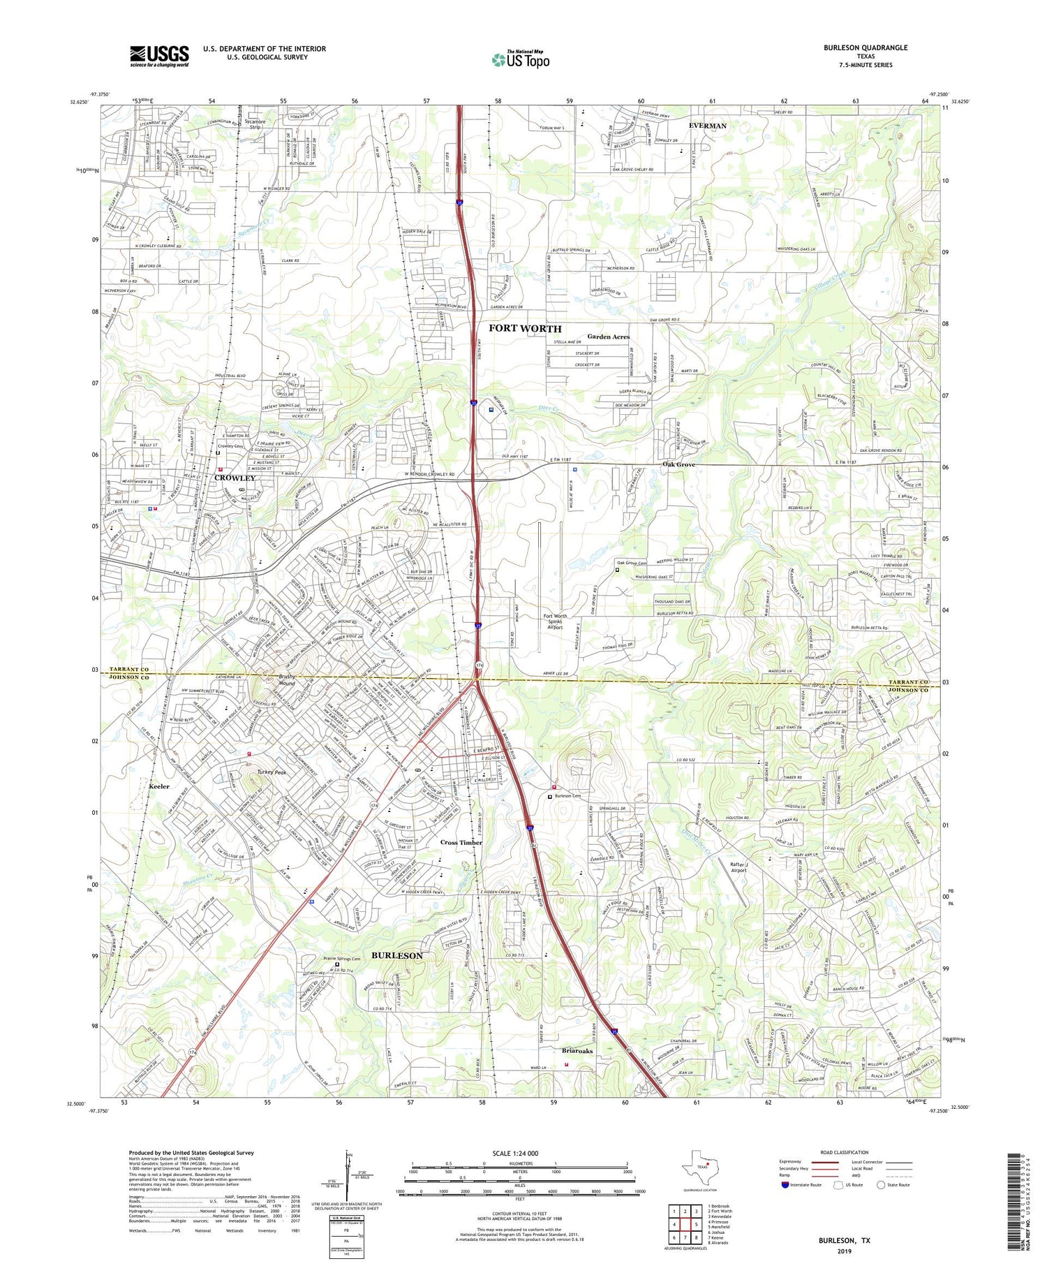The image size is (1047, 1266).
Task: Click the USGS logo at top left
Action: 159,56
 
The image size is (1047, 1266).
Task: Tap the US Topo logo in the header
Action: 520,59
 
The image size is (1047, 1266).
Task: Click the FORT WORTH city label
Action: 524,328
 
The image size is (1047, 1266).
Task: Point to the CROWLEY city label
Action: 235,478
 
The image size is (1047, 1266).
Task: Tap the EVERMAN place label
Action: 707,126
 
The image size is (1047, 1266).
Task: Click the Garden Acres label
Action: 608,337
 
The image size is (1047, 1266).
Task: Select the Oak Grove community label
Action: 678,464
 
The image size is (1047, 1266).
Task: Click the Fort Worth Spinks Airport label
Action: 555,621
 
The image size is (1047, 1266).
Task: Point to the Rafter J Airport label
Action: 738,867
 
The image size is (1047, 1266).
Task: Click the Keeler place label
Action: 159,786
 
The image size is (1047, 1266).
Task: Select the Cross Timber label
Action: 461,843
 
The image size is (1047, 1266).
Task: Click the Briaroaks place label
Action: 577,1050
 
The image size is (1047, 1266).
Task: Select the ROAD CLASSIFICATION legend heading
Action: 844,1151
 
